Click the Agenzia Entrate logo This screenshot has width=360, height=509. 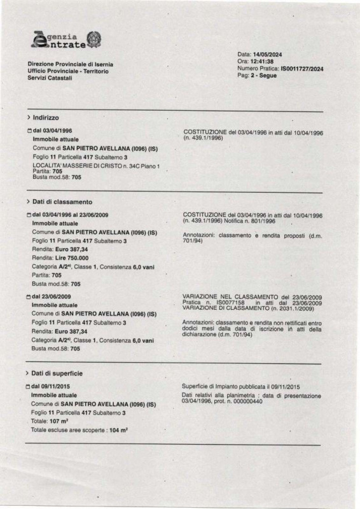(66, 41)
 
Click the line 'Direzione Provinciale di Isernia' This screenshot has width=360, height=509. (69, 65)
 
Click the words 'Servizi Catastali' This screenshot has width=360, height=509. (50, 78)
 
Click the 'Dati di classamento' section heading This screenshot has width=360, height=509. (62, 201)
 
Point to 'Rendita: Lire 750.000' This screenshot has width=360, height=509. (60, 258)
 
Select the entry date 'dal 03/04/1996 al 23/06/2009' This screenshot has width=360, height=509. (70, 215)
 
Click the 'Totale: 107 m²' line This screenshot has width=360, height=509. (51, 422)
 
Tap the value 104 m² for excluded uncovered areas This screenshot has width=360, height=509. (118, 431)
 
